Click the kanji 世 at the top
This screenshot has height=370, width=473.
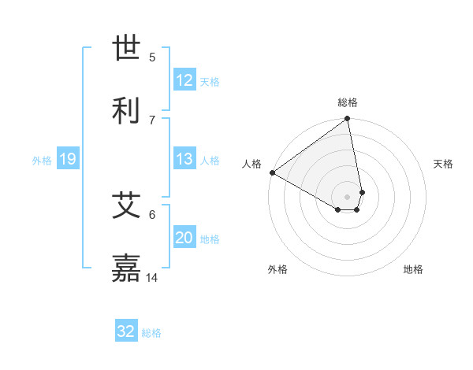click(x=127, y=48)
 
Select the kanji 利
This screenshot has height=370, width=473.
click(x=127, y=109)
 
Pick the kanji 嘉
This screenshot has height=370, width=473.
click(x=127, y=268)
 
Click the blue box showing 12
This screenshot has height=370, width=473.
click(x=184, y=80)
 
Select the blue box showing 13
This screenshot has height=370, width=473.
click(x=184, y=159)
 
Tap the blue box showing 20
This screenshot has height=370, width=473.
click(x=184, y=238)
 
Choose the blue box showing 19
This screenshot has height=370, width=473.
click(x=68, y=160)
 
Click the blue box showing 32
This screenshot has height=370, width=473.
click(x=126, y=331)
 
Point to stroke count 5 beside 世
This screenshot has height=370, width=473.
click(x=152, y=57)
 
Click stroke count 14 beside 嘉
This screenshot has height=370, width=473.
click(x=152, y=278)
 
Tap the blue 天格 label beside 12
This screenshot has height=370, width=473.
click(x=210, y=81)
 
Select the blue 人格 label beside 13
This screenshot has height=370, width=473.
click(x=210, y=160)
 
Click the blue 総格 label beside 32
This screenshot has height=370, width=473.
click(x=151, y=332)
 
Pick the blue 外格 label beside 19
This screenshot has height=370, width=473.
click(x=42, y=161)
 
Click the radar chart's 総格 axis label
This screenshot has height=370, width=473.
click(x=348, y=102)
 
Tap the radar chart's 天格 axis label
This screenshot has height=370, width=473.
click(x=443, y=164)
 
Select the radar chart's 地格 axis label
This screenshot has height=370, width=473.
click(x=413, y=269)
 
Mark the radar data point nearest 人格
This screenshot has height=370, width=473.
click(x=272, y=172)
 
